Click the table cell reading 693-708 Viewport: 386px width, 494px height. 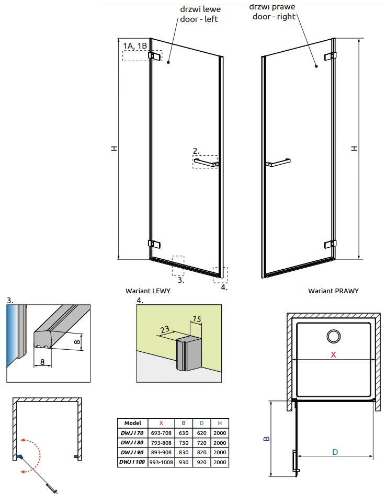click(161, 433)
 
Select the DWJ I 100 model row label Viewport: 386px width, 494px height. click(132, 462)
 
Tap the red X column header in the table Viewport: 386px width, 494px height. click(161, 423)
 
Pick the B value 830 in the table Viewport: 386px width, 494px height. click(184, 452)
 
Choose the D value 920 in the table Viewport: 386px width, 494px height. click(201, 462)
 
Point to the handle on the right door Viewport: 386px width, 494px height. click(278, 162)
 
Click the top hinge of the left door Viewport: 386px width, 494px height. click(154, 56)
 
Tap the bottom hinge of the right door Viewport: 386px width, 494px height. click(330, 244)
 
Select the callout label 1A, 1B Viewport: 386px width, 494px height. click(135, 46)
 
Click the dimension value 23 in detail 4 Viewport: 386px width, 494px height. click(165, 330)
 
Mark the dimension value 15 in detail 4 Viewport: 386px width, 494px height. click(197, 319)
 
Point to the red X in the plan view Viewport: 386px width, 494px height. click(333, 354)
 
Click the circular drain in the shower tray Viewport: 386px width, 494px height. click(333, 336)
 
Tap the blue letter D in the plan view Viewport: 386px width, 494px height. click(335, 452)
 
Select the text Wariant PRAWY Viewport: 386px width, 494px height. click(333, 291)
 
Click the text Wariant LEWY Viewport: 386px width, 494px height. click(148, 291)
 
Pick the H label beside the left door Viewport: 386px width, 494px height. click(114, 148)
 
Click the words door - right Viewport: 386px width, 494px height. click(274, 16)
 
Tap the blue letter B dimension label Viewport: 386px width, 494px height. click(266, 438)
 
